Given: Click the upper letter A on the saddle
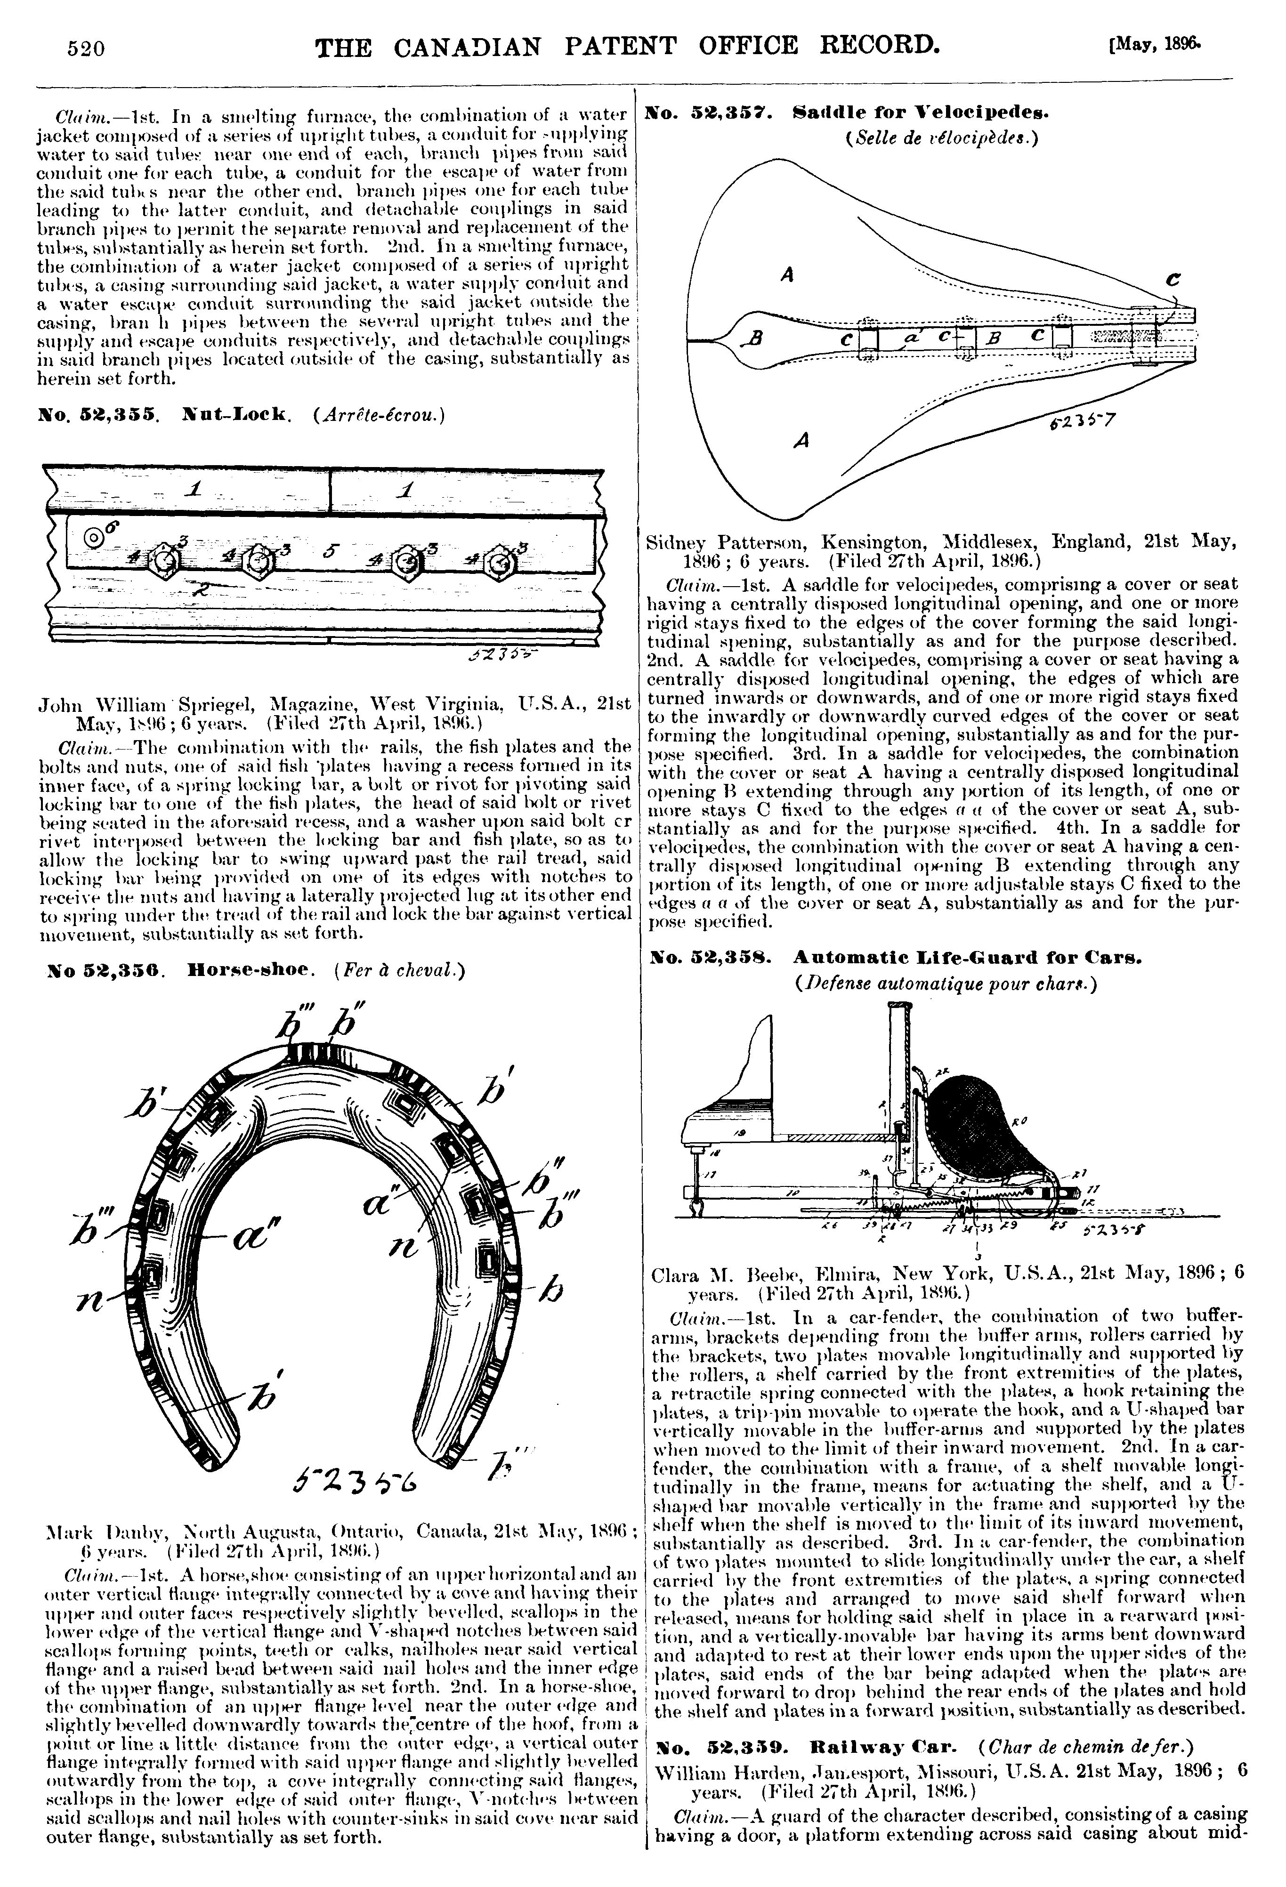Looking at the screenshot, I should [x=786, y=275].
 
